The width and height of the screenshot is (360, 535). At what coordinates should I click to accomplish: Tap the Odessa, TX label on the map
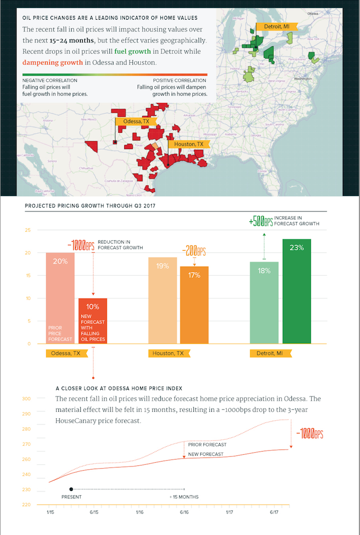pyautogui.click(x=135, y=122)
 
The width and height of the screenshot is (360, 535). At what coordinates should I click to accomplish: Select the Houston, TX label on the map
pyautogui.click(x=188, y=144)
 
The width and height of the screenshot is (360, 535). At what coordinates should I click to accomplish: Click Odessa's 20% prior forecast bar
pyautogui.click(x=60, y=298)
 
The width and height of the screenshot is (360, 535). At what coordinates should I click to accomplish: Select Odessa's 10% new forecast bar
pyautogui.click(x=93, y=321)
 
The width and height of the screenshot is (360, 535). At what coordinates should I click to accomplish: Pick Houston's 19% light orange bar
pyautogui.click(x=162, y=300)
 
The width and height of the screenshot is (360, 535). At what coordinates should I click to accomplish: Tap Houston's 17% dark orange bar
pyautogui.click(x=194, y=305)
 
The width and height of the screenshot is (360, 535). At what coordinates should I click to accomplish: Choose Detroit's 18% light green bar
pyautogui.click(x=264, y=303)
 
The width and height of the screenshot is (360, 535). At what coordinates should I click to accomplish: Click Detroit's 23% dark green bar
pyautogui.click(x=296, y=291)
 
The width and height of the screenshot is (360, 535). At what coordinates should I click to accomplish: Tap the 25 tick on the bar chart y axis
pyautogui.click(x=28, y=230)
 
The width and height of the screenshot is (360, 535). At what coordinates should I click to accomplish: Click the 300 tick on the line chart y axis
pyautogui.click(x=27, y=398)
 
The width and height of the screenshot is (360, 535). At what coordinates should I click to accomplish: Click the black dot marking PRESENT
pyautogui.click(x=71, y=489)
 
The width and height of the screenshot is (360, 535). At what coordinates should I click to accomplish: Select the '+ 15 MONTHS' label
pyautogui.click(x=184, y=497)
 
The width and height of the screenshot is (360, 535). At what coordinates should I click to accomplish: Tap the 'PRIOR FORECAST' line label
pyautogui.click(x=207, y=444)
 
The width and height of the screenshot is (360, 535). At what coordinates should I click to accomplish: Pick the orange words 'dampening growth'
pyautogui.click(x=53, y=62)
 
